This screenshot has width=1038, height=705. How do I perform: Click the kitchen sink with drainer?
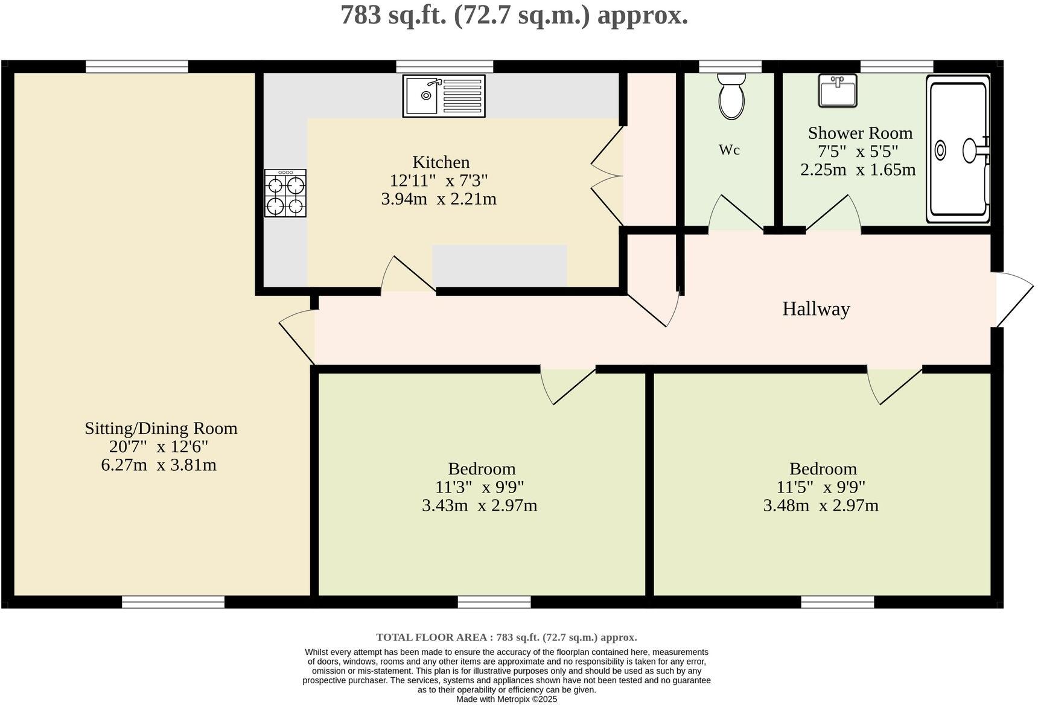coord(444,95)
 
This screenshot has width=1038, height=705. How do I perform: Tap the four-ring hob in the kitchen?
coord(285,193)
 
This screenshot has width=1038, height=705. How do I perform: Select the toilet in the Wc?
coord(731,97)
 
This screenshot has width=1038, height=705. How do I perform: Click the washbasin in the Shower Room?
coord(837,91)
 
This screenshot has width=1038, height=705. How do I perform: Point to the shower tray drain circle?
coord(940,150)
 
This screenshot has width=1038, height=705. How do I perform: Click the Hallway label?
coord(816,309)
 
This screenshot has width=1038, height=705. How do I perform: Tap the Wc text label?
coord(729,150)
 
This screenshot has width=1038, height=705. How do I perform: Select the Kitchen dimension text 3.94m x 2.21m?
coord(439,199)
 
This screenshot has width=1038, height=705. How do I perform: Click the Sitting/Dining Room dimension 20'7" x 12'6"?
coord(159,447)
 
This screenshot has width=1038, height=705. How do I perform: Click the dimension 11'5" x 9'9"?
coord(821,486)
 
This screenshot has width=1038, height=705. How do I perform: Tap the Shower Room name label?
coord(860,133)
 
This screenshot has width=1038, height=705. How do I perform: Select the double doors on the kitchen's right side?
coord(607,176)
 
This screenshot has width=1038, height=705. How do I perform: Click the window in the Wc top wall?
coord(730,66)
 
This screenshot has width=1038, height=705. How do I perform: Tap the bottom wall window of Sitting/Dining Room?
coord(173,602)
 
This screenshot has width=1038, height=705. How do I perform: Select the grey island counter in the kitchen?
coord(499,266)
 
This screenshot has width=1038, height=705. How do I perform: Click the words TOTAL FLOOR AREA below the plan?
coord(433,637)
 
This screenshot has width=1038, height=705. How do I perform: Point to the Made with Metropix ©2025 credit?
coord(506,699)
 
